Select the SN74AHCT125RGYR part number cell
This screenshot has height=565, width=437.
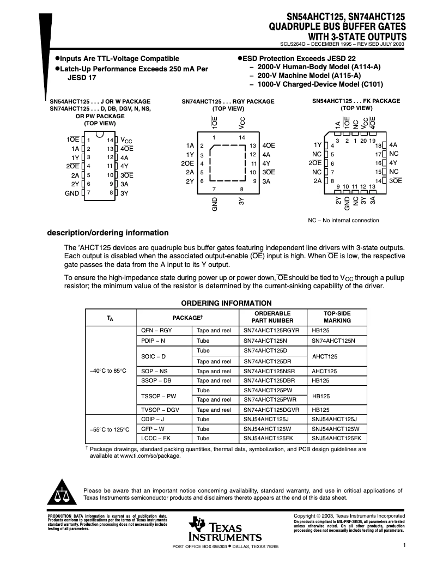coord(271,330)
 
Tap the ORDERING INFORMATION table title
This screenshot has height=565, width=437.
coord(226,303)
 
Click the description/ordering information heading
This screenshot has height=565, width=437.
coord(108,233)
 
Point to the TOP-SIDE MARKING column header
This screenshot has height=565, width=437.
coord(337,317)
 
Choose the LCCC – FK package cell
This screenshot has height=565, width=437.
coord(156,438)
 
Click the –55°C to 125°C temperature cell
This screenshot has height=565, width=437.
coord(110,429)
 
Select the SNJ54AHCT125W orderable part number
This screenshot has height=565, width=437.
coord(266,429)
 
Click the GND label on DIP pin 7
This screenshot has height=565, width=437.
coord(72,193)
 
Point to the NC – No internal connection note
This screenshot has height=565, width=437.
coord(343,220)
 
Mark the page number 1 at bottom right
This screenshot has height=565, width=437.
coord(404,545)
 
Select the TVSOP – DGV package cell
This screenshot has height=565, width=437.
coord(160,409)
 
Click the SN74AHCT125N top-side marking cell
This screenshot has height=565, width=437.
coord(333,341)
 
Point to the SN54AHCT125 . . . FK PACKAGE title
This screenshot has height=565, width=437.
coord(356,101)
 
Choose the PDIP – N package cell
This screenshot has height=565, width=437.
coord(153,341)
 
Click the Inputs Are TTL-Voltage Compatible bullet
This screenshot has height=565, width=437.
coord(119,58)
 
